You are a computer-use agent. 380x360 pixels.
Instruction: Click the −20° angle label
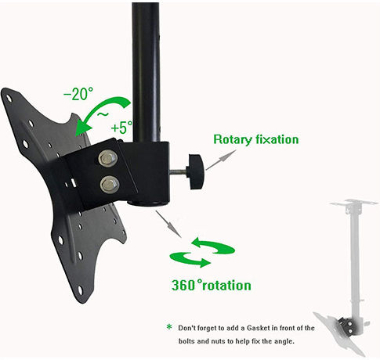point(78,94)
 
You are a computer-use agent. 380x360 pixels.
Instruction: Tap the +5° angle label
point(122,128)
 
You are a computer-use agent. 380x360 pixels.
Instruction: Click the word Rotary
point(232,139)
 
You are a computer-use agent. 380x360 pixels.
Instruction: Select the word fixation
point(277,139)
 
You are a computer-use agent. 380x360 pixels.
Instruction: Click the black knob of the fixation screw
point(197,171)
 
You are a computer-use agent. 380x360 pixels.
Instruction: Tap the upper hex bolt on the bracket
point(107,158)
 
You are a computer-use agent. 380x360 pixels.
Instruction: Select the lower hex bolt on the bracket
point(110,185)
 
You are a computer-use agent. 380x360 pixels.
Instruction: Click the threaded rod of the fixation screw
point(179,171)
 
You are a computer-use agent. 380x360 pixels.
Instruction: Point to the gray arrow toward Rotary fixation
point(221,160)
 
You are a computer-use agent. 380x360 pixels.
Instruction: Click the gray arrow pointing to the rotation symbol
point(168,224)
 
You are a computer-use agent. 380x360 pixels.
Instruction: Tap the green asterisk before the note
point(169,327)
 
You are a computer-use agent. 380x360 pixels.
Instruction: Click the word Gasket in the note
point(258,328)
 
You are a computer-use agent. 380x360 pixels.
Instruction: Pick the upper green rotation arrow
point(213,246)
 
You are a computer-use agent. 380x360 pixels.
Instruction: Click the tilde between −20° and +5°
point(103,114)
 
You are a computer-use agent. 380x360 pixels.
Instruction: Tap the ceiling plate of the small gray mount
point(354,203)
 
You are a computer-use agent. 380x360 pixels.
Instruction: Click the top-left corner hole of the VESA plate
point(9,99)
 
